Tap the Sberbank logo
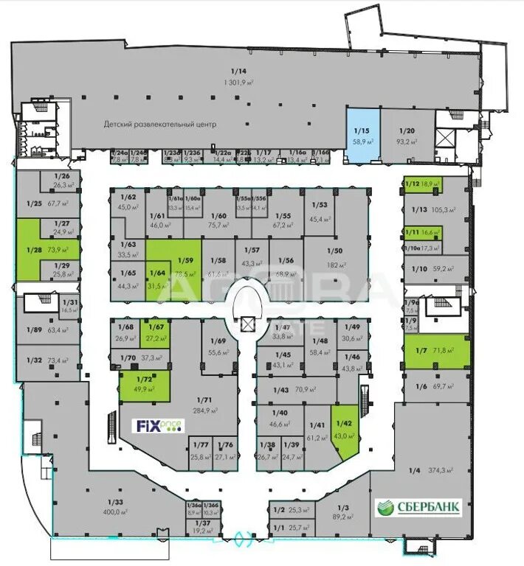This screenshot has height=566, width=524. (x=419, y=508)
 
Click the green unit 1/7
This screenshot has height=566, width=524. (x=435, y=351)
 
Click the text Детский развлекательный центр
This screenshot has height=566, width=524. (x=159, y=125)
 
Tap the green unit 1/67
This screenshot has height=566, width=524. (x=157, y=332)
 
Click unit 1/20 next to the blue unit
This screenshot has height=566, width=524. (x=407, y=136)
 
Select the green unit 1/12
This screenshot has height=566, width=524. (x=422, y=184)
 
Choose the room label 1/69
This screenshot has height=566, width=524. (x=217, y=340)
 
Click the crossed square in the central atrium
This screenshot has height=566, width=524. (x=247, y=322)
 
